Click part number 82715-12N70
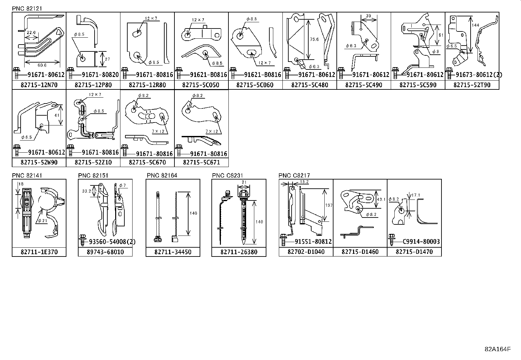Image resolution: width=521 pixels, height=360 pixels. [39, 85]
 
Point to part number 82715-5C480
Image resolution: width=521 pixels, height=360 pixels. [310, 85]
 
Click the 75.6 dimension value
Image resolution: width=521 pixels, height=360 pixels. [314, 39]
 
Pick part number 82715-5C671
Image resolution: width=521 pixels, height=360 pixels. [201, 162]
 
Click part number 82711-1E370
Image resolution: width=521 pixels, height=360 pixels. [39, 252]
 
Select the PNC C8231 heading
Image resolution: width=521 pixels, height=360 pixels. [227, 176]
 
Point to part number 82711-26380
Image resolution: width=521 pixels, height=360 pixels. [239, 252]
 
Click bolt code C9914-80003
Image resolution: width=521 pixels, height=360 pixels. [421, 242]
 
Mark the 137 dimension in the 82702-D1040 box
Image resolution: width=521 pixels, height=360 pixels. [329, 205]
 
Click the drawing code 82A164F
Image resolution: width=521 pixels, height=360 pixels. [497, 349]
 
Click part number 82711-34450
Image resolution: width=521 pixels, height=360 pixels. [173, 252]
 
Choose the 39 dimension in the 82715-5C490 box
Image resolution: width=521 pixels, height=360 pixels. [369, 16]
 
